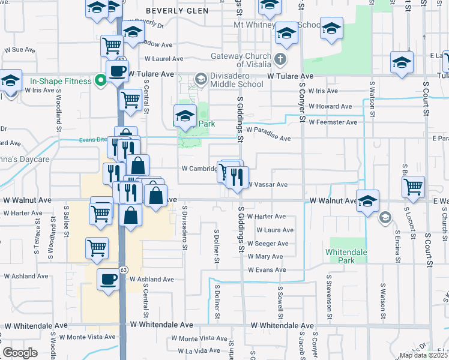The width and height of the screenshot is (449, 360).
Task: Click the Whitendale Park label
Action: [346, 256]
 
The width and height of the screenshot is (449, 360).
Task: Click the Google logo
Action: [20, 353]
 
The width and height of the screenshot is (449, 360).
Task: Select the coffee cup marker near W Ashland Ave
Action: [108, 280]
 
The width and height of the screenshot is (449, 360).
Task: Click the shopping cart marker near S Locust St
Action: [413, 187]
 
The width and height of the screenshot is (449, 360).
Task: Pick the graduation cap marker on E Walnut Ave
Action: [368, 201]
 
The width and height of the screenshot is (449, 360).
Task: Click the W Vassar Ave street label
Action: [268, 185]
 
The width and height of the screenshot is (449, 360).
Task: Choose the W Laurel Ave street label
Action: [163, 59]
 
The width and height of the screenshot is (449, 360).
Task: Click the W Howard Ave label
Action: [330, 106]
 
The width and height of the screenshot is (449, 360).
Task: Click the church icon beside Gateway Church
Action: [280, 58]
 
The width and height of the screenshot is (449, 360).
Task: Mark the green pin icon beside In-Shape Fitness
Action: [98, 80]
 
